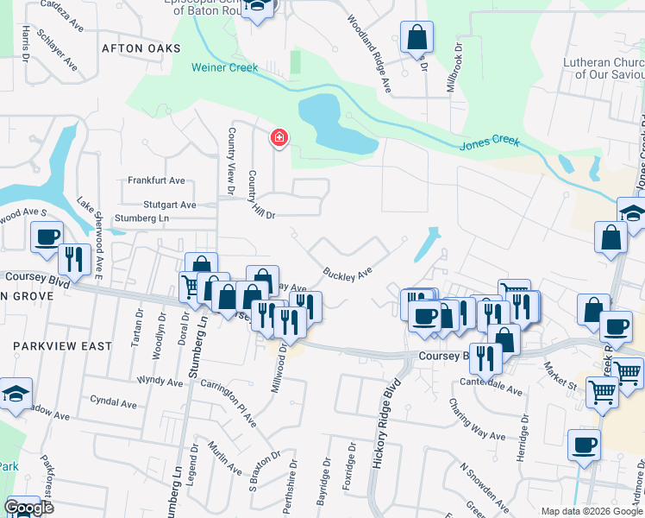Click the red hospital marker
[x=279, y=137]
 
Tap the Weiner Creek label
[x=225, y=66]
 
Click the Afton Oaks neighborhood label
[x=141, y=48]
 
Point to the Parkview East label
[x=62, y=346]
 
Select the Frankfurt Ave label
[x=157, y=180]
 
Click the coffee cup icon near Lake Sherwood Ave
[x=47, y=236]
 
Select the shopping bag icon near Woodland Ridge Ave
[x=416, y=37]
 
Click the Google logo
[x=28, y=508]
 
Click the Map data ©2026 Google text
[x=591, y=511]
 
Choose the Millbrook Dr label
[x=457, y=62]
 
